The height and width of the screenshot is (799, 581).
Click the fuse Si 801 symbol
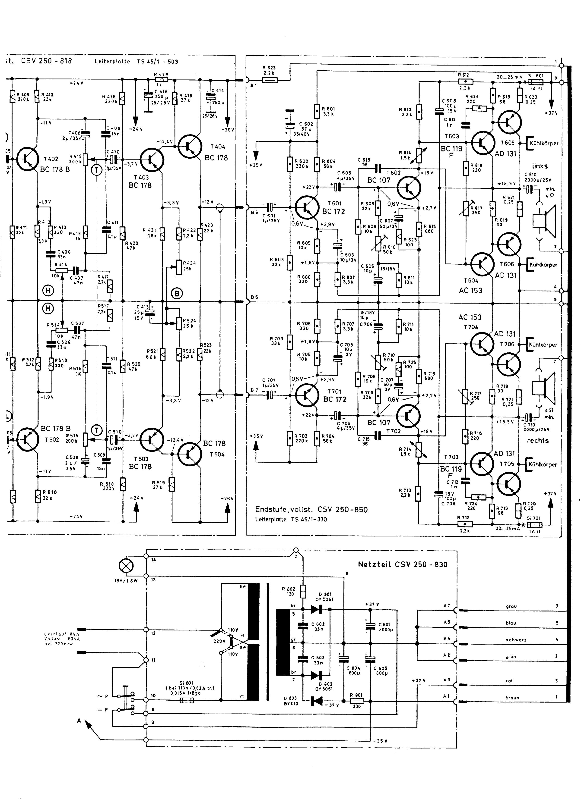tap(186, 701)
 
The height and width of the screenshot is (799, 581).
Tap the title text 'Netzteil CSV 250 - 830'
tap(403, 564)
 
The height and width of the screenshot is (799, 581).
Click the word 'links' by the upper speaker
tap(540, 166)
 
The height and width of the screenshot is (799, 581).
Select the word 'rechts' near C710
tap(538, 440)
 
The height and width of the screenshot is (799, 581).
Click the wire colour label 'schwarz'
tap(516, 639)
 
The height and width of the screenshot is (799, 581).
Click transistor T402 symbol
tap(28, 159)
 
